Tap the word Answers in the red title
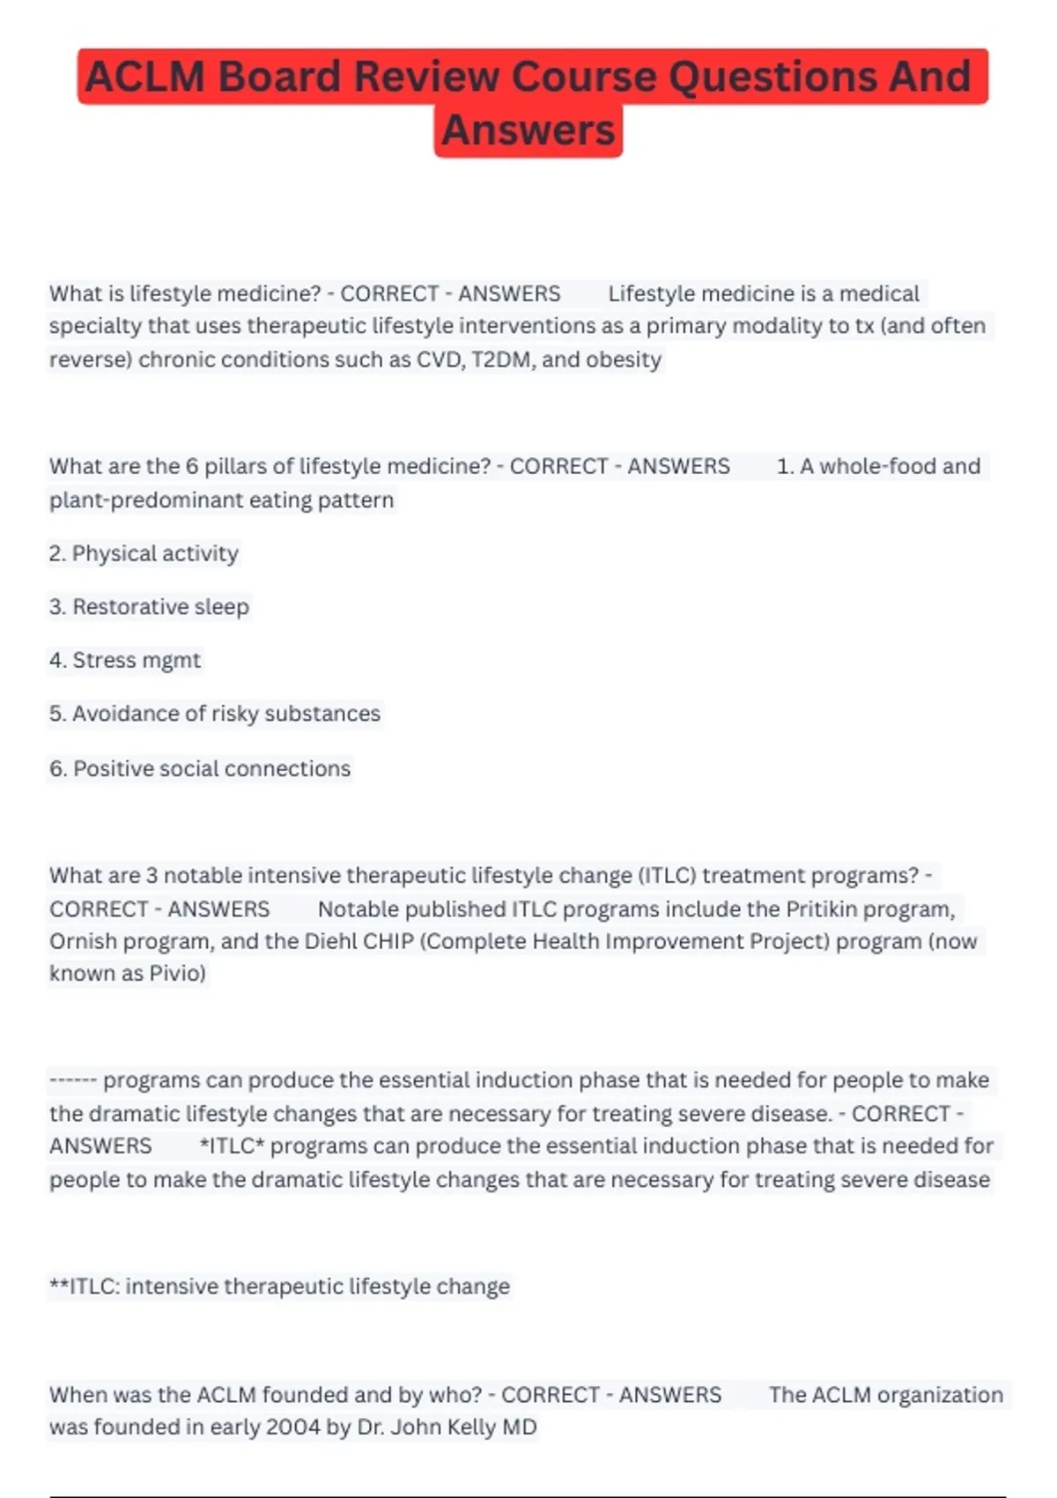(528, 130)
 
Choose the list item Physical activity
(144, 553)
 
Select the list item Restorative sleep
(150, 607)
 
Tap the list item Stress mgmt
(126, 660)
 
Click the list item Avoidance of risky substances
(215, 714)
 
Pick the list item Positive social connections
(201, 768)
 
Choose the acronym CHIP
(388, 941)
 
